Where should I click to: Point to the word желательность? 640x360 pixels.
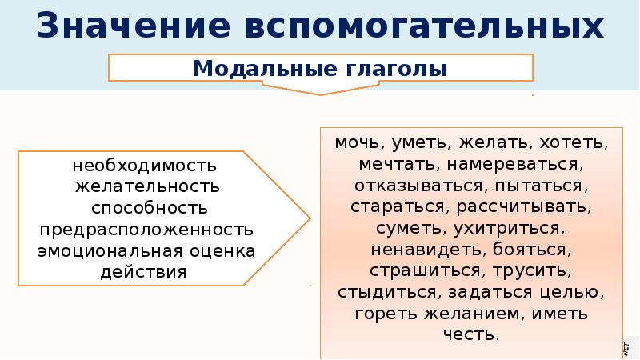coord(145,188)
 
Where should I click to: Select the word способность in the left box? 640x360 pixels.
coord(145,209)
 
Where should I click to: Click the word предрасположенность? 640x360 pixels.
coord(145,230)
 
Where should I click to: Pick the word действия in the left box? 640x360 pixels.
coord(145,271)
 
